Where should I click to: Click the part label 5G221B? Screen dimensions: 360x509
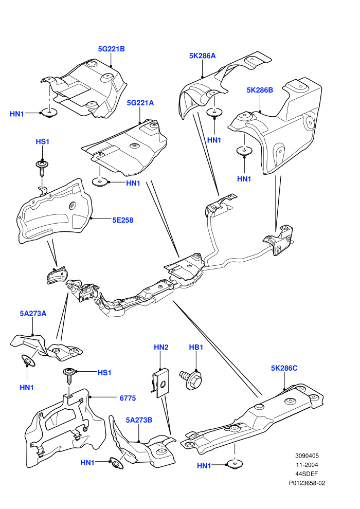pos(112,49)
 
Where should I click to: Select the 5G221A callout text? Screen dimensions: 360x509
pos(140,103)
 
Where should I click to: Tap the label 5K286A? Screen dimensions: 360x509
pos(202,56)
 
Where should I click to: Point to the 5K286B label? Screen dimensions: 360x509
pos(260,90)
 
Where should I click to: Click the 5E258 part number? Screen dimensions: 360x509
pos(123,220)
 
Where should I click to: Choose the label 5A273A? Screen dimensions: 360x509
pos(33,314)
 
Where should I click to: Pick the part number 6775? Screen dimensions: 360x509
pos(128,398)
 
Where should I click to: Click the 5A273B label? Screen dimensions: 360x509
pos(139,420)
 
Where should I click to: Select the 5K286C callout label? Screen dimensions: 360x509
pos(284,368)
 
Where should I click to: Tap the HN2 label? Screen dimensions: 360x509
pos(161,348)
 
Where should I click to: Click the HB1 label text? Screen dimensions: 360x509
pos(196,348)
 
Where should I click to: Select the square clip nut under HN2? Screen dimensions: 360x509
pos(161,383)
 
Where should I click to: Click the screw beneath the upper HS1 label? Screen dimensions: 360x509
pos(41,167)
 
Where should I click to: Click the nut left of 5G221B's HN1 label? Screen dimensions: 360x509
pos(49,113)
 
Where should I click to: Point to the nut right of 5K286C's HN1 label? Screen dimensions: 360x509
pos(235,465)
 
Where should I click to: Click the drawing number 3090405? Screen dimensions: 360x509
pos(307,456)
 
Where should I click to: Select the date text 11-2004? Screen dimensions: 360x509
pos(307,465)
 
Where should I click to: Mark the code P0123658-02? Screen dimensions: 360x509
pos(307,483)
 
